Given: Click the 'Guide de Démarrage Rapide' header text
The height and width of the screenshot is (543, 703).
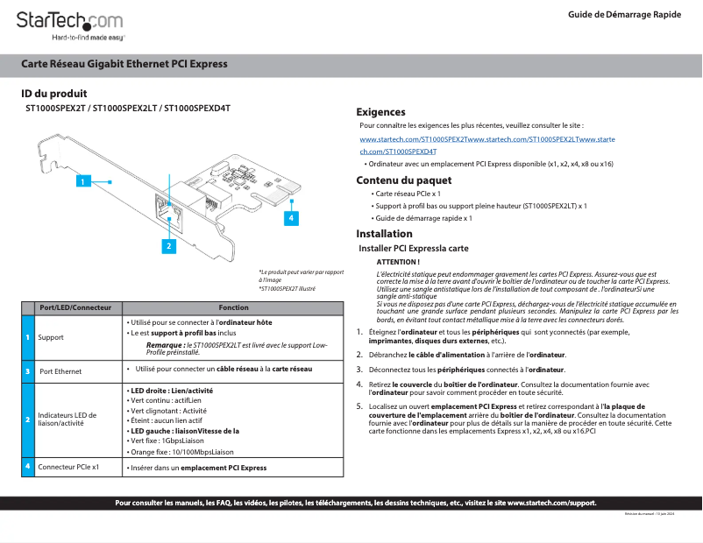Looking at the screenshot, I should pos(623,15).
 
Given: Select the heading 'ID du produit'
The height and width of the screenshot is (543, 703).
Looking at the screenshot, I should pos(53,94).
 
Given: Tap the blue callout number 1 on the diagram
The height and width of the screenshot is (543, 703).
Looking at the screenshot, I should pos(82,181).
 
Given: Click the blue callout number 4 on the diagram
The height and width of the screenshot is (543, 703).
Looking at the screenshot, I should pos(290,215).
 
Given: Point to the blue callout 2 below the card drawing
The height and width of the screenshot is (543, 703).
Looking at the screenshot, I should pos(167,246).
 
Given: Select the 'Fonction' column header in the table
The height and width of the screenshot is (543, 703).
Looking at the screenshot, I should pos(233,307).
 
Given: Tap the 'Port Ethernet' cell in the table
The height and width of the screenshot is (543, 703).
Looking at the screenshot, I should pos(60,371).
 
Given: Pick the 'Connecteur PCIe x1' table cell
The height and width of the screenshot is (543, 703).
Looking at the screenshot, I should pos(68,468).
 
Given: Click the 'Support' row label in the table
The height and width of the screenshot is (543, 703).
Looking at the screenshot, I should pos(51,337).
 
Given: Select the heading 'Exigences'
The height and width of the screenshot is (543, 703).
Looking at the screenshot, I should pos(380,112).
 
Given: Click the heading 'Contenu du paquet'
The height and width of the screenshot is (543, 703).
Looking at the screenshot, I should pos(403,180).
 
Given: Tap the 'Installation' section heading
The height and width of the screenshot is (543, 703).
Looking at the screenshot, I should pos(384,234).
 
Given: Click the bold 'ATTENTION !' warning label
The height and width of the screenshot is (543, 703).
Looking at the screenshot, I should pos(398,262).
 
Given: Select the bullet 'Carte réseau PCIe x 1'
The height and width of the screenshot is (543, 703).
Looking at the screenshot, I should pos(408,194).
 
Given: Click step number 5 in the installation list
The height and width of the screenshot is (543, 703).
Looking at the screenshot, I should pos(359,406).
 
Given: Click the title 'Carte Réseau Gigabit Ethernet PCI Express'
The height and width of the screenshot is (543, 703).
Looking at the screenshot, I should pos(124,64).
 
